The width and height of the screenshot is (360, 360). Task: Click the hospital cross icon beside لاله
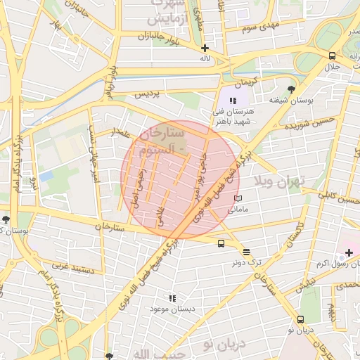[205, 49]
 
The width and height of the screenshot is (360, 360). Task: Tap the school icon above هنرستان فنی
[233, 101]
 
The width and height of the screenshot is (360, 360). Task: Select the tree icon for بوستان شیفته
[292, 89]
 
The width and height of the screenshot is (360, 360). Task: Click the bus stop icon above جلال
[331, 56]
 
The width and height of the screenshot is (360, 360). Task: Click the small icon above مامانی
[237, 198]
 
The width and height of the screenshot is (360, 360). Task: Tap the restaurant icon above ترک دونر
[246, 251]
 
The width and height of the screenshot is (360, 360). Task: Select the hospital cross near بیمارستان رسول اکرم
[349, 252]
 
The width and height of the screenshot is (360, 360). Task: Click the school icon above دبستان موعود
[172, 298]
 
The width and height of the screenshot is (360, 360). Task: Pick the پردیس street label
[147, 94]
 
